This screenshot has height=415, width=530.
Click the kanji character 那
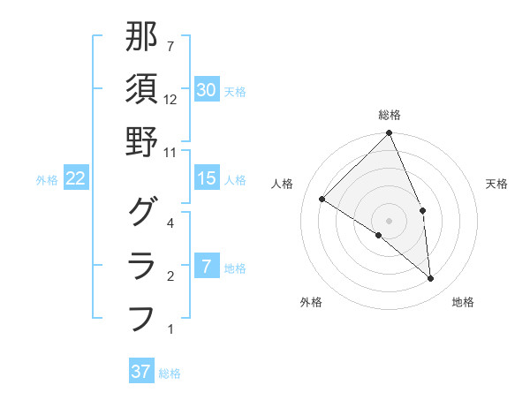142,37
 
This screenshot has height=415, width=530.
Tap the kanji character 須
142,89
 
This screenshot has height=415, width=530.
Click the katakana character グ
142,211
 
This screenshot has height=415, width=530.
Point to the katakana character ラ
142,264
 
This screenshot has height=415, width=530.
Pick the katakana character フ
142,317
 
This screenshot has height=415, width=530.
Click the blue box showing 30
207,90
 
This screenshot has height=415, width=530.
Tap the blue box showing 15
207,178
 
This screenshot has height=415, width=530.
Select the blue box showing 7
207,267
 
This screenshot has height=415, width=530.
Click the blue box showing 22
76,178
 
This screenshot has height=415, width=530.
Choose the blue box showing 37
141,372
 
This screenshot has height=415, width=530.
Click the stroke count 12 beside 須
170,100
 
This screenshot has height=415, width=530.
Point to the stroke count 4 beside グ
170,223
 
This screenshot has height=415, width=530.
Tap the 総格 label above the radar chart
390,115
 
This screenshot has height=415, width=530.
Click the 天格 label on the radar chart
497,184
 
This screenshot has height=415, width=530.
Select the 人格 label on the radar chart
283,184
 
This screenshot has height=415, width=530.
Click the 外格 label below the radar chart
310,303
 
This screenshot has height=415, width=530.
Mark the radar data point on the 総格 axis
390,134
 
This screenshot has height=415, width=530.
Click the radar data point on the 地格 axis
431,278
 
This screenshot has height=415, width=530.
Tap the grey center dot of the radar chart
390,220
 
